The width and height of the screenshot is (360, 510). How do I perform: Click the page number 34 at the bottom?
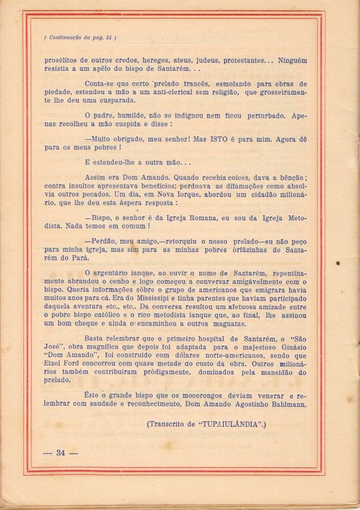(60, 452)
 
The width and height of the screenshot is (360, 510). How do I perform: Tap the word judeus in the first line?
(205, 61)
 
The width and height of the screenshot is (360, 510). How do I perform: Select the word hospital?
(208, 338)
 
